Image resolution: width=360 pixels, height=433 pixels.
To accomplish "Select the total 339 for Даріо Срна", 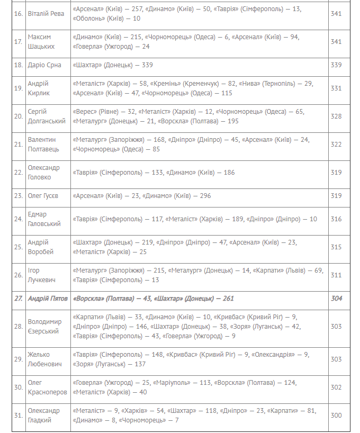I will point(336,65).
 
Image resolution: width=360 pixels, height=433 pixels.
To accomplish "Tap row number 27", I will point(19,299).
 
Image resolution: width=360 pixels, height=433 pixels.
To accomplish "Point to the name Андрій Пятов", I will point(48,299).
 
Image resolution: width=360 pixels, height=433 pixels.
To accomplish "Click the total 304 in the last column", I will point(336,299).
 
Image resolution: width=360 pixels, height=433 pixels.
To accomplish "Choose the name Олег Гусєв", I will point(43,196).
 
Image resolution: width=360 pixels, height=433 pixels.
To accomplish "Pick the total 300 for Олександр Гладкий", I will point(336,416).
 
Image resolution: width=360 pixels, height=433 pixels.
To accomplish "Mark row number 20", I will point(18,116).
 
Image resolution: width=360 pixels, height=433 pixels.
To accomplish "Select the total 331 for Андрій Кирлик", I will point(336,88).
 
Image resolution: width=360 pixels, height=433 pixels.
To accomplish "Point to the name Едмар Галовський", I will point(44,219).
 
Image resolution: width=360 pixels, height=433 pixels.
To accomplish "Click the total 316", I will point(336,219).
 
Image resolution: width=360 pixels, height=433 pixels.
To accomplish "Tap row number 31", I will point(18,416).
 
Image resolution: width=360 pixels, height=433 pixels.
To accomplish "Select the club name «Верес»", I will point(85,112).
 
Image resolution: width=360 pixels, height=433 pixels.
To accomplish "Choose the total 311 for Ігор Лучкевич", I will point(336,275).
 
